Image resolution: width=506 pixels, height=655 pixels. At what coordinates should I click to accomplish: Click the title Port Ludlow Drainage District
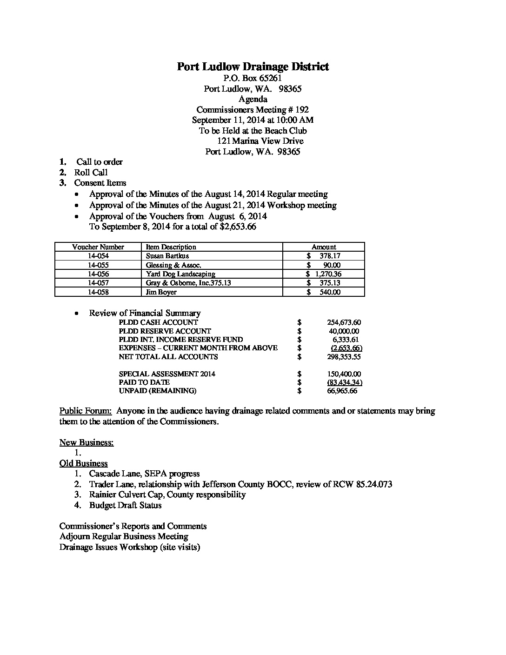pos(253,67)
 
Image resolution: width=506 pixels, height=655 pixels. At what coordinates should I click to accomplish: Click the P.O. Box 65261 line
pos(253,78)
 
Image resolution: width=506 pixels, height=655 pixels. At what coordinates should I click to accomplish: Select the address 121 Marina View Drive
pos(260,141)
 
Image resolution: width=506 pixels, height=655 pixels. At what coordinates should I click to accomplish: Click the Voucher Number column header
pos(98,247)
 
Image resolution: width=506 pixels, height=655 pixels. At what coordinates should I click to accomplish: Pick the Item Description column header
pos(171,247)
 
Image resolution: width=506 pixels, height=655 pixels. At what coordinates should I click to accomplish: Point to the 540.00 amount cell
pos(330,292)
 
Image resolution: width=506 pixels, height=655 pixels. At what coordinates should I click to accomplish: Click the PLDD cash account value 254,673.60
pos(344,322)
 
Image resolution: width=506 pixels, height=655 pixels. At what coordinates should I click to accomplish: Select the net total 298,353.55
pos(344,357)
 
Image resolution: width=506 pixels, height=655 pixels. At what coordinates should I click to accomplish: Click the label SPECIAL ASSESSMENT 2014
pos(167,374)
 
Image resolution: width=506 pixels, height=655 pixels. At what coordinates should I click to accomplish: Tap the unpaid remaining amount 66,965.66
pos(342,391)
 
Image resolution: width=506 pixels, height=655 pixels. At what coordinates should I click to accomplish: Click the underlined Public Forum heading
pos(86,411)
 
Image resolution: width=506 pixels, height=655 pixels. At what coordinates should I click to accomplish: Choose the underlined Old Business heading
pos(83,463)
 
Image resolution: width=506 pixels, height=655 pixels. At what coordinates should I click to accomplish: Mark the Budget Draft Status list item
pos(125,505)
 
